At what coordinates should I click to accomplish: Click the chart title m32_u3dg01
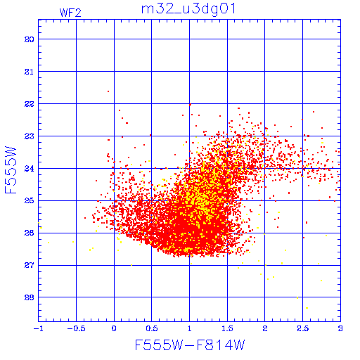pyautogui.click(x=188, y=10)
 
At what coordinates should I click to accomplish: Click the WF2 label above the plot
pyautogui.click(x=70, y=13)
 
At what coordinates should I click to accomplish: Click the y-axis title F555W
pyautogui.click(x=11, y=170)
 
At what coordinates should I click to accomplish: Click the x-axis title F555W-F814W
pyautogui.click(x=190, y=345)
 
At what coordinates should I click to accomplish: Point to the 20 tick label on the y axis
pyautogui.click(x=30, y=39)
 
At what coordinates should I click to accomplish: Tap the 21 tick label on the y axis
pyautogui.click(x=30, y=72)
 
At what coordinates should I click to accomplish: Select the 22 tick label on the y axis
pyautogui.click(x=30, y=104)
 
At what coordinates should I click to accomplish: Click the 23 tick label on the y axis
pyautogui.click(x=30, y=136)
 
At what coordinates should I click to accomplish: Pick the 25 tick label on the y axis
pyautogui.click(x=30, y=201)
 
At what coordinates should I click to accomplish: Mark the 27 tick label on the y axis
pyautogui.click(x=30, y=265)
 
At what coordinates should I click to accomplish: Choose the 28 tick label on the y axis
pyautogui.click(x=30, y=297)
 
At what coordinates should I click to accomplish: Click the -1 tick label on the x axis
pyautogui.click(x=38, y=328)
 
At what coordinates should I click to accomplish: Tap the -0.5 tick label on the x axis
pyautogui.click(x=76, y=328)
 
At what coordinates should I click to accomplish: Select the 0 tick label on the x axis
pyautogui.click(x=114, y=328)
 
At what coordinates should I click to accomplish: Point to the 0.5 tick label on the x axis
pyautogui.click(x=152, y=328)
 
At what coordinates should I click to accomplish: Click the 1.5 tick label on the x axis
pyautogui.click(x=227, y=328)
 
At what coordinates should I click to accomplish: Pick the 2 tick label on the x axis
pyautogui.click(x=265, y=328)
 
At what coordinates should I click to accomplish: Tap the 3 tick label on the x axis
pyautogui.click(x=340, y=328)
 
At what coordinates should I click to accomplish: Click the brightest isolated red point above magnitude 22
pyautogui.click(x=108, y=91)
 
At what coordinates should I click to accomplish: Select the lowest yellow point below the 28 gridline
pyautogui.click(x=307, y=308)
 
